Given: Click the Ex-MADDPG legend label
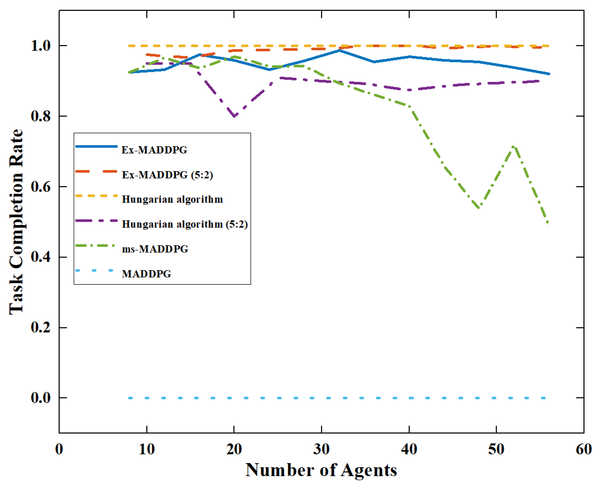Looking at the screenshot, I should click(154, 150).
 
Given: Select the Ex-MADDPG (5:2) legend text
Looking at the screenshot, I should click(167, 175).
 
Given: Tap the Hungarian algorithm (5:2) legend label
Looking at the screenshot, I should click(185, 224).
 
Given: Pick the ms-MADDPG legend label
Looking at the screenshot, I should click(155, 249).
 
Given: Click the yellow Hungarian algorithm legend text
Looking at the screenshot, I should click(172, 199).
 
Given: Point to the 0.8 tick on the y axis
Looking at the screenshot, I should click(41, 116).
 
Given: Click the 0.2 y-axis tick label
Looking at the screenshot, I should click(41, 327).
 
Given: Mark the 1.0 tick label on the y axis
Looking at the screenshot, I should click(41, 46).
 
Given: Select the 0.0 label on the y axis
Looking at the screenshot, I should click(41, 398).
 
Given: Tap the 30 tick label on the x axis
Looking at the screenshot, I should click(321, 449).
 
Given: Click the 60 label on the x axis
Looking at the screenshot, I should click(584, 449).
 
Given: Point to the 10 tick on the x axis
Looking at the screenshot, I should click(147, 449).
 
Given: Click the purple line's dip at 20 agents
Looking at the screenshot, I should click(234, 116).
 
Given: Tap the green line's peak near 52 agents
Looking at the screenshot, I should click(513, 147).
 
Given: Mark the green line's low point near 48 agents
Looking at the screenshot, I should click(479, 208).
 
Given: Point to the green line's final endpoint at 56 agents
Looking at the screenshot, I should click(548, 225).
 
